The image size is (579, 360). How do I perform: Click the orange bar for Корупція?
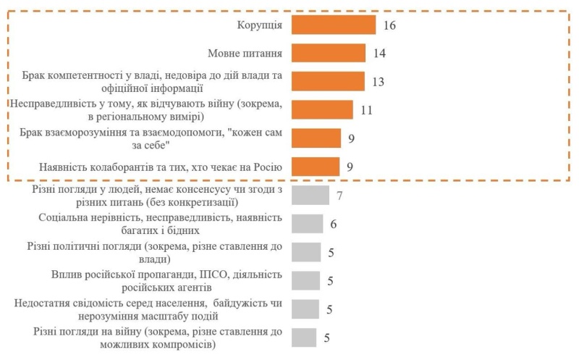(334, 25)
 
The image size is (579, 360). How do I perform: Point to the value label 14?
(381, 53)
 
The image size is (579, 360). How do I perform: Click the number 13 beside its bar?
(377, 81)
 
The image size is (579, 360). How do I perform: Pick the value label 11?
(366, 109)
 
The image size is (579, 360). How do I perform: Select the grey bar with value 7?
(310, 195)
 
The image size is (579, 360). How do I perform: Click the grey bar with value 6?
(308, 223)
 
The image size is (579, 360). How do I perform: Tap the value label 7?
(339, 196)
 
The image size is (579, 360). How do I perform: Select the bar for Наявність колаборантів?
(316, 167)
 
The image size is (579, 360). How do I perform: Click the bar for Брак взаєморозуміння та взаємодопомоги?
(316, 138)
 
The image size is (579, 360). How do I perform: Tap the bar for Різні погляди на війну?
(304, 337)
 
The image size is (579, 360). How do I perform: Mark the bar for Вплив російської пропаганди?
(305, 280)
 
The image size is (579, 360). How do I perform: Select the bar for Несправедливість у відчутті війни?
(322, 109)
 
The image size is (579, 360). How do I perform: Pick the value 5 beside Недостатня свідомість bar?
(329, 309)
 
